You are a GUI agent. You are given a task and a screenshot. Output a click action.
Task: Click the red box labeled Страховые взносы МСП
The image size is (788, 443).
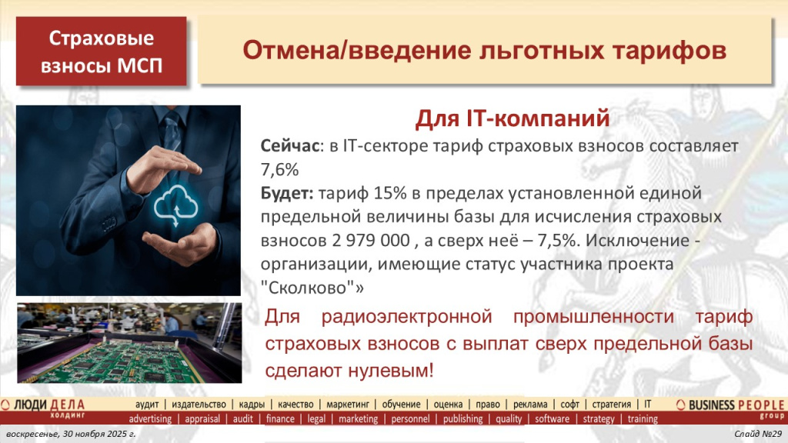(x=102, y=51)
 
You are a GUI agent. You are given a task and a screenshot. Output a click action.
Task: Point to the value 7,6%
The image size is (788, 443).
(x=280, y=168)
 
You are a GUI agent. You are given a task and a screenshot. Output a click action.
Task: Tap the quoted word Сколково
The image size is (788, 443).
(x=308, y=287)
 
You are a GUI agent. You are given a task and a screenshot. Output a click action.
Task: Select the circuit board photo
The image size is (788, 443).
(x=129, y=342)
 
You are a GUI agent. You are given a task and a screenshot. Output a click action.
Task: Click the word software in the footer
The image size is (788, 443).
(x=552, y=419)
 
